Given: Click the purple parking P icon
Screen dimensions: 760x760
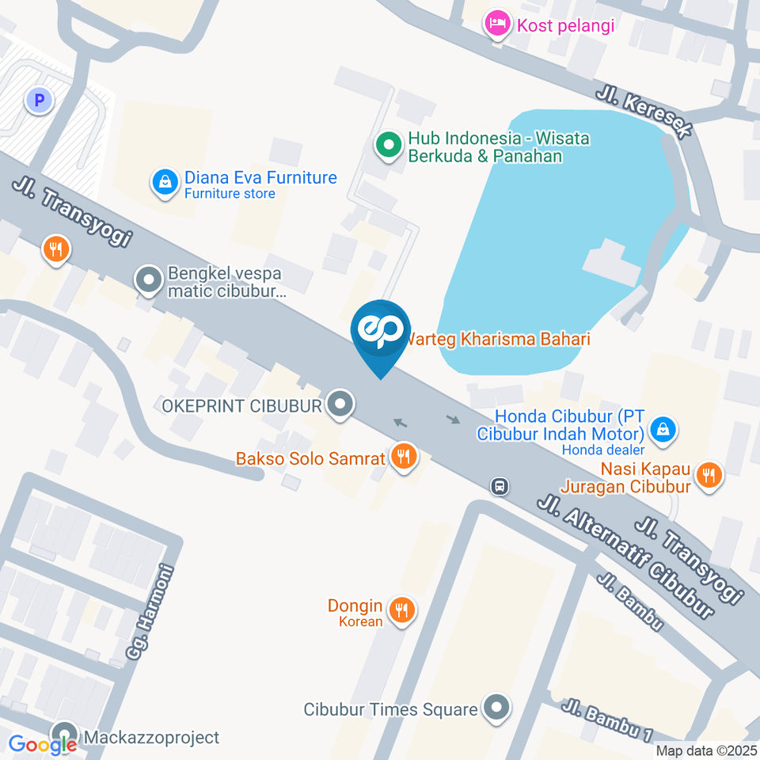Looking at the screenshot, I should click(38, 101).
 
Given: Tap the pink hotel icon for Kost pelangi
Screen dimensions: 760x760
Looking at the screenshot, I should click(497, 25).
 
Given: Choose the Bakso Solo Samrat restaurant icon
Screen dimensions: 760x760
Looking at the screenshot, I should click(404, 457).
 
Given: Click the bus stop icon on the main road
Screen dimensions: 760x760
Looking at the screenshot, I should click(500, 485).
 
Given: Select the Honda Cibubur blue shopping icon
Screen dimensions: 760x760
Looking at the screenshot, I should click(660, 431).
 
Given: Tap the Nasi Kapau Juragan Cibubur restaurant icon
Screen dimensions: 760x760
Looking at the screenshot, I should click(709, 475).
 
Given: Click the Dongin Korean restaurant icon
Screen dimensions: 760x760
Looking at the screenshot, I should click(403, 610).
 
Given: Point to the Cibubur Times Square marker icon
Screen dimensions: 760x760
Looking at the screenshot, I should click(496, 708).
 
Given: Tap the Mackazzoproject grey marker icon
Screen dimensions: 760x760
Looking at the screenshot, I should click(64, 735).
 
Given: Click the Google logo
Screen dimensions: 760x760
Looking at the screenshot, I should click(43, 744).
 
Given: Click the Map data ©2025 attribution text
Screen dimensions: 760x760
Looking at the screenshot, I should click(706, 750).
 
